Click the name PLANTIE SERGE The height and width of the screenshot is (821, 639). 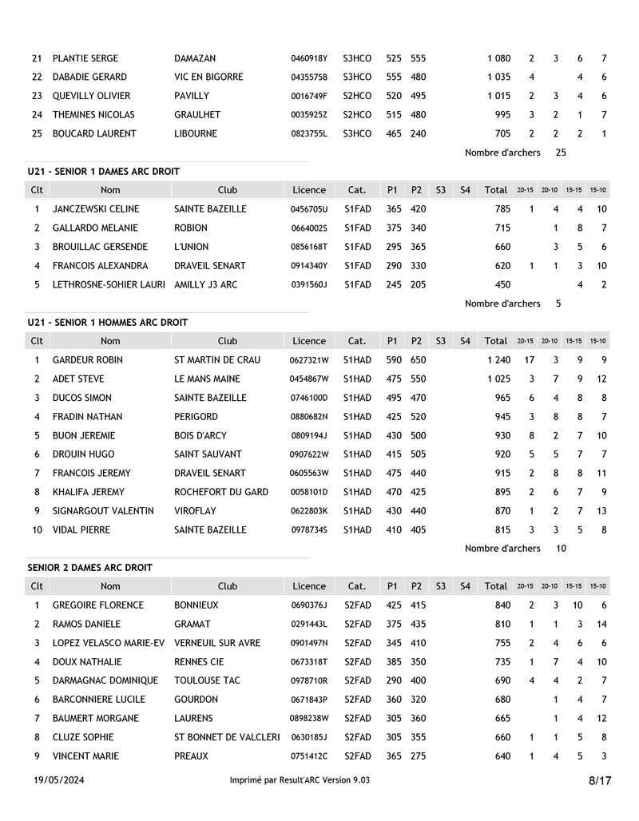pos(85,58)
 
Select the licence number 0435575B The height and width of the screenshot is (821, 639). pos(308,77)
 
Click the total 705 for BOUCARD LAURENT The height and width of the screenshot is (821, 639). pos(502,134)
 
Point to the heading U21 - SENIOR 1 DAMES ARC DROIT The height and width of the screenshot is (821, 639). pos(103,172)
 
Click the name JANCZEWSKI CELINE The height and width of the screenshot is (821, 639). pos(96,209)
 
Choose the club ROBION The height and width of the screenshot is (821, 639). pos(191,228)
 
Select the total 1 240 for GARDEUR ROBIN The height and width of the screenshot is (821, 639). pos(498,360)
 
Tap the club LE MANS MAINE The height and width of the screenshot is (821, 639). pos(208,379)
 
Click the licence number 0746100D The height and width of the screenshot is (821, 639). pos(308,398)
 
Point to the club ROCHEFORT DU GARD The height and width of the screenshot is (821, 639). pos(221,492)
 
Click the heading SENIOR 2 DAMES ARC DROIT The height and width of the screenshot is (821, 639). pos(89,568)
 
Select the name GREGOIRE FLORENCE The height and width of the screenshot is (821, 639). pos(98,605)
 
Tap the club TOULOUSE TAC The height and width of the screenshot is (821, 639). pos(208,680)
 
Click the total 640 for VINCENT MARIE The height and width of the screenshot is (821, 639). pos(502,756)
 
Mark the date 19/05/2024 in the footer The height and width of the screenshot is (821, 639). pos(58,780)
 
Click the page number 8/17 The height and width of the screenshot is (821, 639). pos(600,781)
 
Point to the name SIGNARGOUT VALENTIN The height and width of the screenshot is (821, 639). pos(103,511)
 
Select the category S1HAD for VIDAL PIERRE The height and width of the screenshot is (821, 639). pos(357,530)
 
